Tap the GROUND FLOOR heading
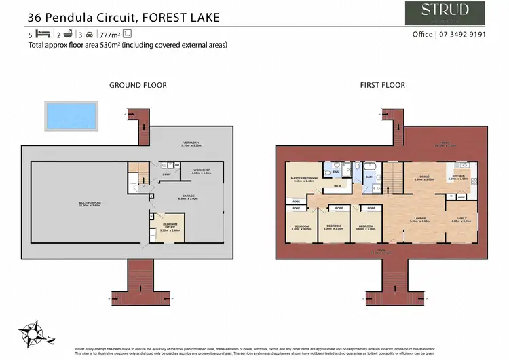138,85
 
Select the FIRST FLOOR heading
382,85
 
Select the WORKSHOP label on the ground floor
202,171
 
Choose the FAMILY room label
461,219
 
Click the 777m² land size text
110,34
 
